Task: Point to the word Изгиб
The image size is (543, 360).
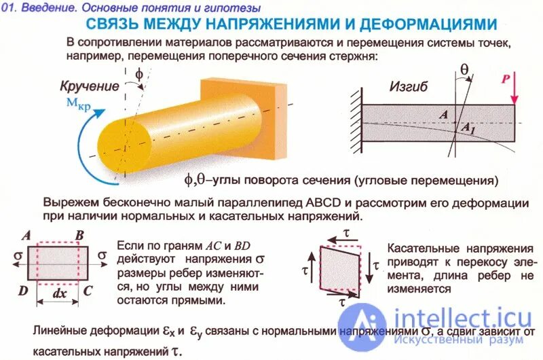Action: tap(409, 87)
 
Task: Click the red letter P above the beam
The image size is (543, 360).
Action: tap(505, 79)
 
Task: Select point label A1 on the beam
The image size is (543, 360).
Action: tap(468, 128)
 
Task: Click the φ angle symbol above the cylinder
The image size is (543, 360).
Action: tap(139, 74)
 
